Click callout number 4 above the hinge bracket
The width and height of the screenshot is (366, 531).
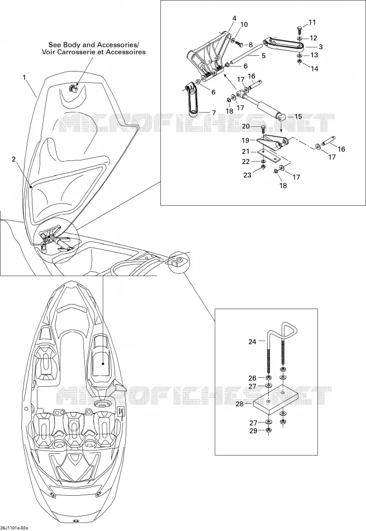click(234, 18)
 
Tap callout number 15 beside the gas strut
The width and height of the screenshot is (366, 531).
click(298, 116)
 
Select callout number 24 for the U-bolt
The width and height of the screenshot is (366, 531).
click(252, 342)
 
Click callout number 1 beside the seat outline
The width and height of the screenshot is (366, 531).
click(25, 78)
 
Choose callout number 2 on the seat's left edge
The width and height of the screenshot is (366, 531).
click(13, 159)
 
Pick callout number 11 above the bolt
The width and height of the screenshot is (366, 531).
click(312, 22)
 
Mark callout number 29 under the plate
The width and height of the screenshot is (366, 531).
click(253, 431)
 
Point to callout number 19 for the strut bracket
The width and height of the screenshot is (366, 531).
click(245, 140)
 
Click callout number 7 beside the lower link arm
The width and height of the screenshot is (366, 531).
click(213, 112)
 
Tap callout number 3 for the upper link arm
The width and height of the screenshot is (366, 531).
click(320, 47)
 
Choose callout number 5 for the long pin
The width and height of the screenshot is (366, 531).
click(263, 55)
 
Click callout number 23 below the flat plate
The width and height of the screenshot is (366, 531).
click(248, 175)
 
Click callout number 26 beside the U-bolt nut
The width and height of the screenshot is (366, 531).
click(253, 378)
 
